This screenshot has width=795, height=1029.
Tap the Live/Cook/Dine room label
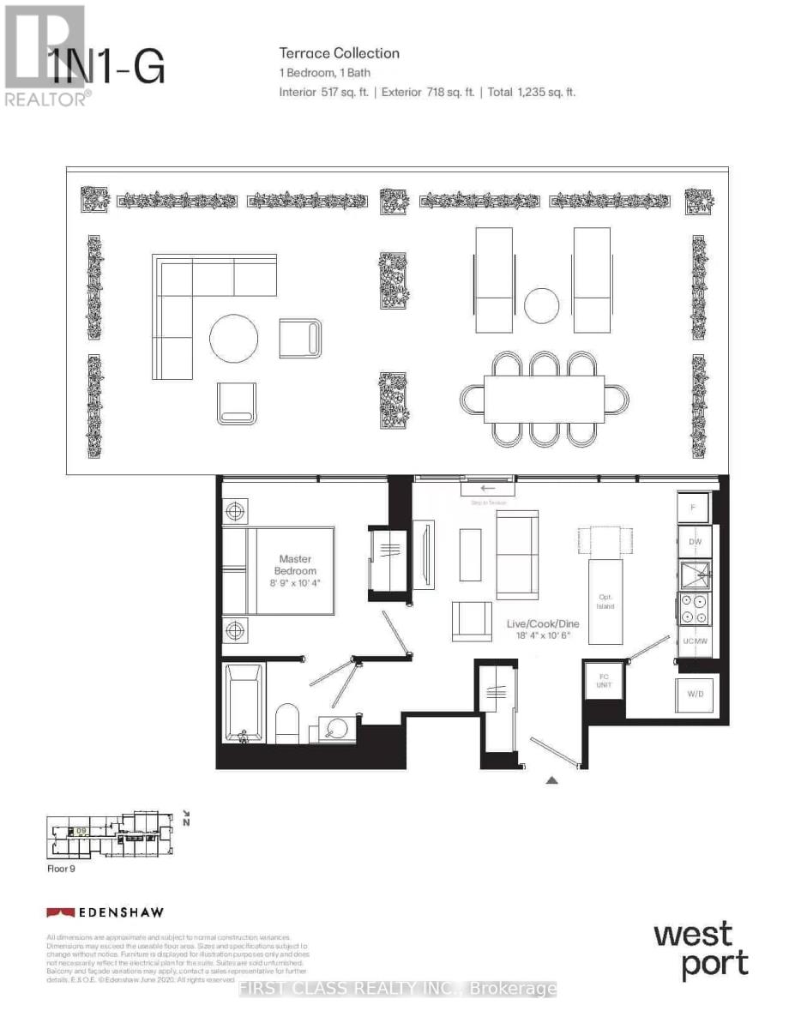(542, 629)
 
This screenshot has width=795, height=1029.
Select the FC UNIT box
(603, 682)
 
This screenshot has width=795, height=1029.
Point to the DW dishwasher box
(695, 542)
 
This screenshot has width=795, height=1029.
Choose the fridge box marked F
(694, 507)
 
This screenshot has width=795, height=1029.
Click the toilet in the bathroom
(287, 725)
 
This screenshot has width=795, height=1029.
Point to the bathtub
(244, 703)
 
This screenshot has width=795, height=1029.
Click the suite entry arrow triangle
(552, 779)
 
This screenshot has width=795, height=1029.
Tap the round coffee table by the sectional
(234, 340)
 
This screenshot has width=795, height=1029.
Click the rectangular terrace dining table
(545, 399)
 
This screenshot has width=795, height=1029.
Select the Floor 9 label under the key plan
(62, 868)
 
